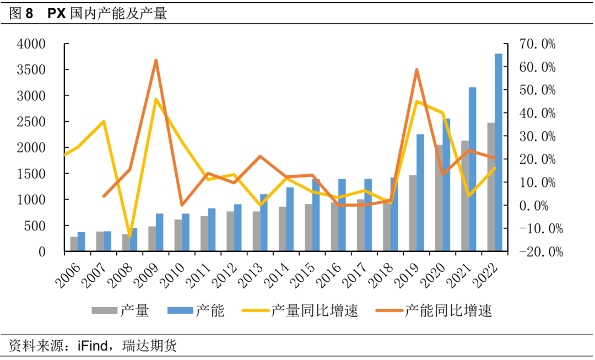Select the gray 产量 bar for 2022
click(x=491, y=187)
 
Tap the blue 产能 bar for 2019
click(x=420, y=192)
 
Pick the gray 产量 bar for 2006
click(x=74, y=244)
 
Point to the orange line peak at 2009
click(x=156, y=60)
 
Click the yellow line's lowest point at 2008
click(x=130, y=237)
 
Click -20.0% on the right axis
click(x=534, y=252)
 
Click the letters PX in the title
click(x=57, y=14)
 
